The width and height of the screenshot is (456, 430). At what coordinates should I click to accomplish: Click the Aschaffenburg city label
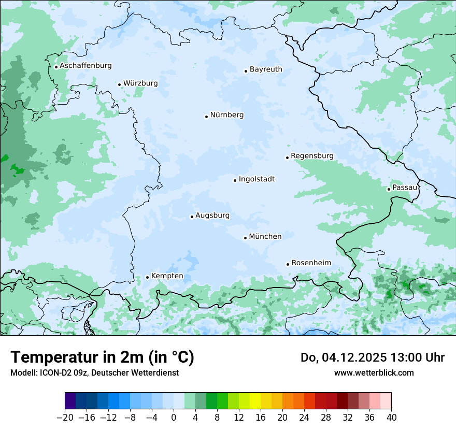[85, 66]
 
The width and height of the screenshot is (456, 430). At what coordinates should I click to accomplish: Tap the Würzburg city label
[140, 83]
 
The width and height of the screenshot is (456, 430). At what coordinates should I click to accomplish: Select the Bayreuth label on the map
[266, 69]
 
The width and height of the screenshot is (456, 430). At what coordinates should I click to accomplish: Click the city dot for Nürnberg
[206, 117]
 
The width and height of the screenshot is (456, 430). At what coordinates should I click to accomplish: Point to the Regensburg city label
[312, 156]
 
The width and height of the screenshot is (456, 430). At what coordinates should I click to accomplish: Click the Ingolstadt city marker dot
[235, 180]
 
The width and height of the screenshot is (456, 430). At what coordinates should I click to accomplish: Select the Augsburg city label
[212, 216]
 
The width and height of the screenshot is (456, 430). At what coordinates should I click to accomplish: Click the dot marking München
[245, 238]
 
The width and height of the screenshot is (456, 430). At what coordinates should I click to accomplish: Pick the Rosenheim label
[311, 263]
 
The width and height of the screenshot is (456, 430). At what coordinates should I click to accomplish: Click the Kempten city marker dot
[147, 277]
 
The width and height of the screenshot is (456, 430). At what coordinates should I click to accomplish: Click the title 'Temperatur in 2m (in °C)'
[102, 357]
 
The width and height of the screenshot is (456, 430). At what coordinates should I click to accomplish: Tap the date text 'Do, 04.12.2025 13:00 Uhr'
[372, 357]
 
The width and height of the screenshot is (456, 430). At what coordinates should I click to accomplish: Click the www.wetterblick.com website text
[374, 372]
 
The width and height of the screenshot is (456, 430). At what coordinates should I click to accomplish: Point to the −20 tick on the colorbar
[65, 417]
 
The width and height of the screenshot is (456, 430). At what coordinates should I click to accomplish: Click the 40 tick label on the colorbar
[391, 417]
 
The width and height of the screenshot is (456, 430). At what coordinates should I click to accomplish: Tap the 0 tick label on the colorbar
[174, 417]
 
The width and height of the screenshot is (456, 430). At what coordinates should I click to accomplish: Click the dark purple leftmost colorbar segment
[70, 401]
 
